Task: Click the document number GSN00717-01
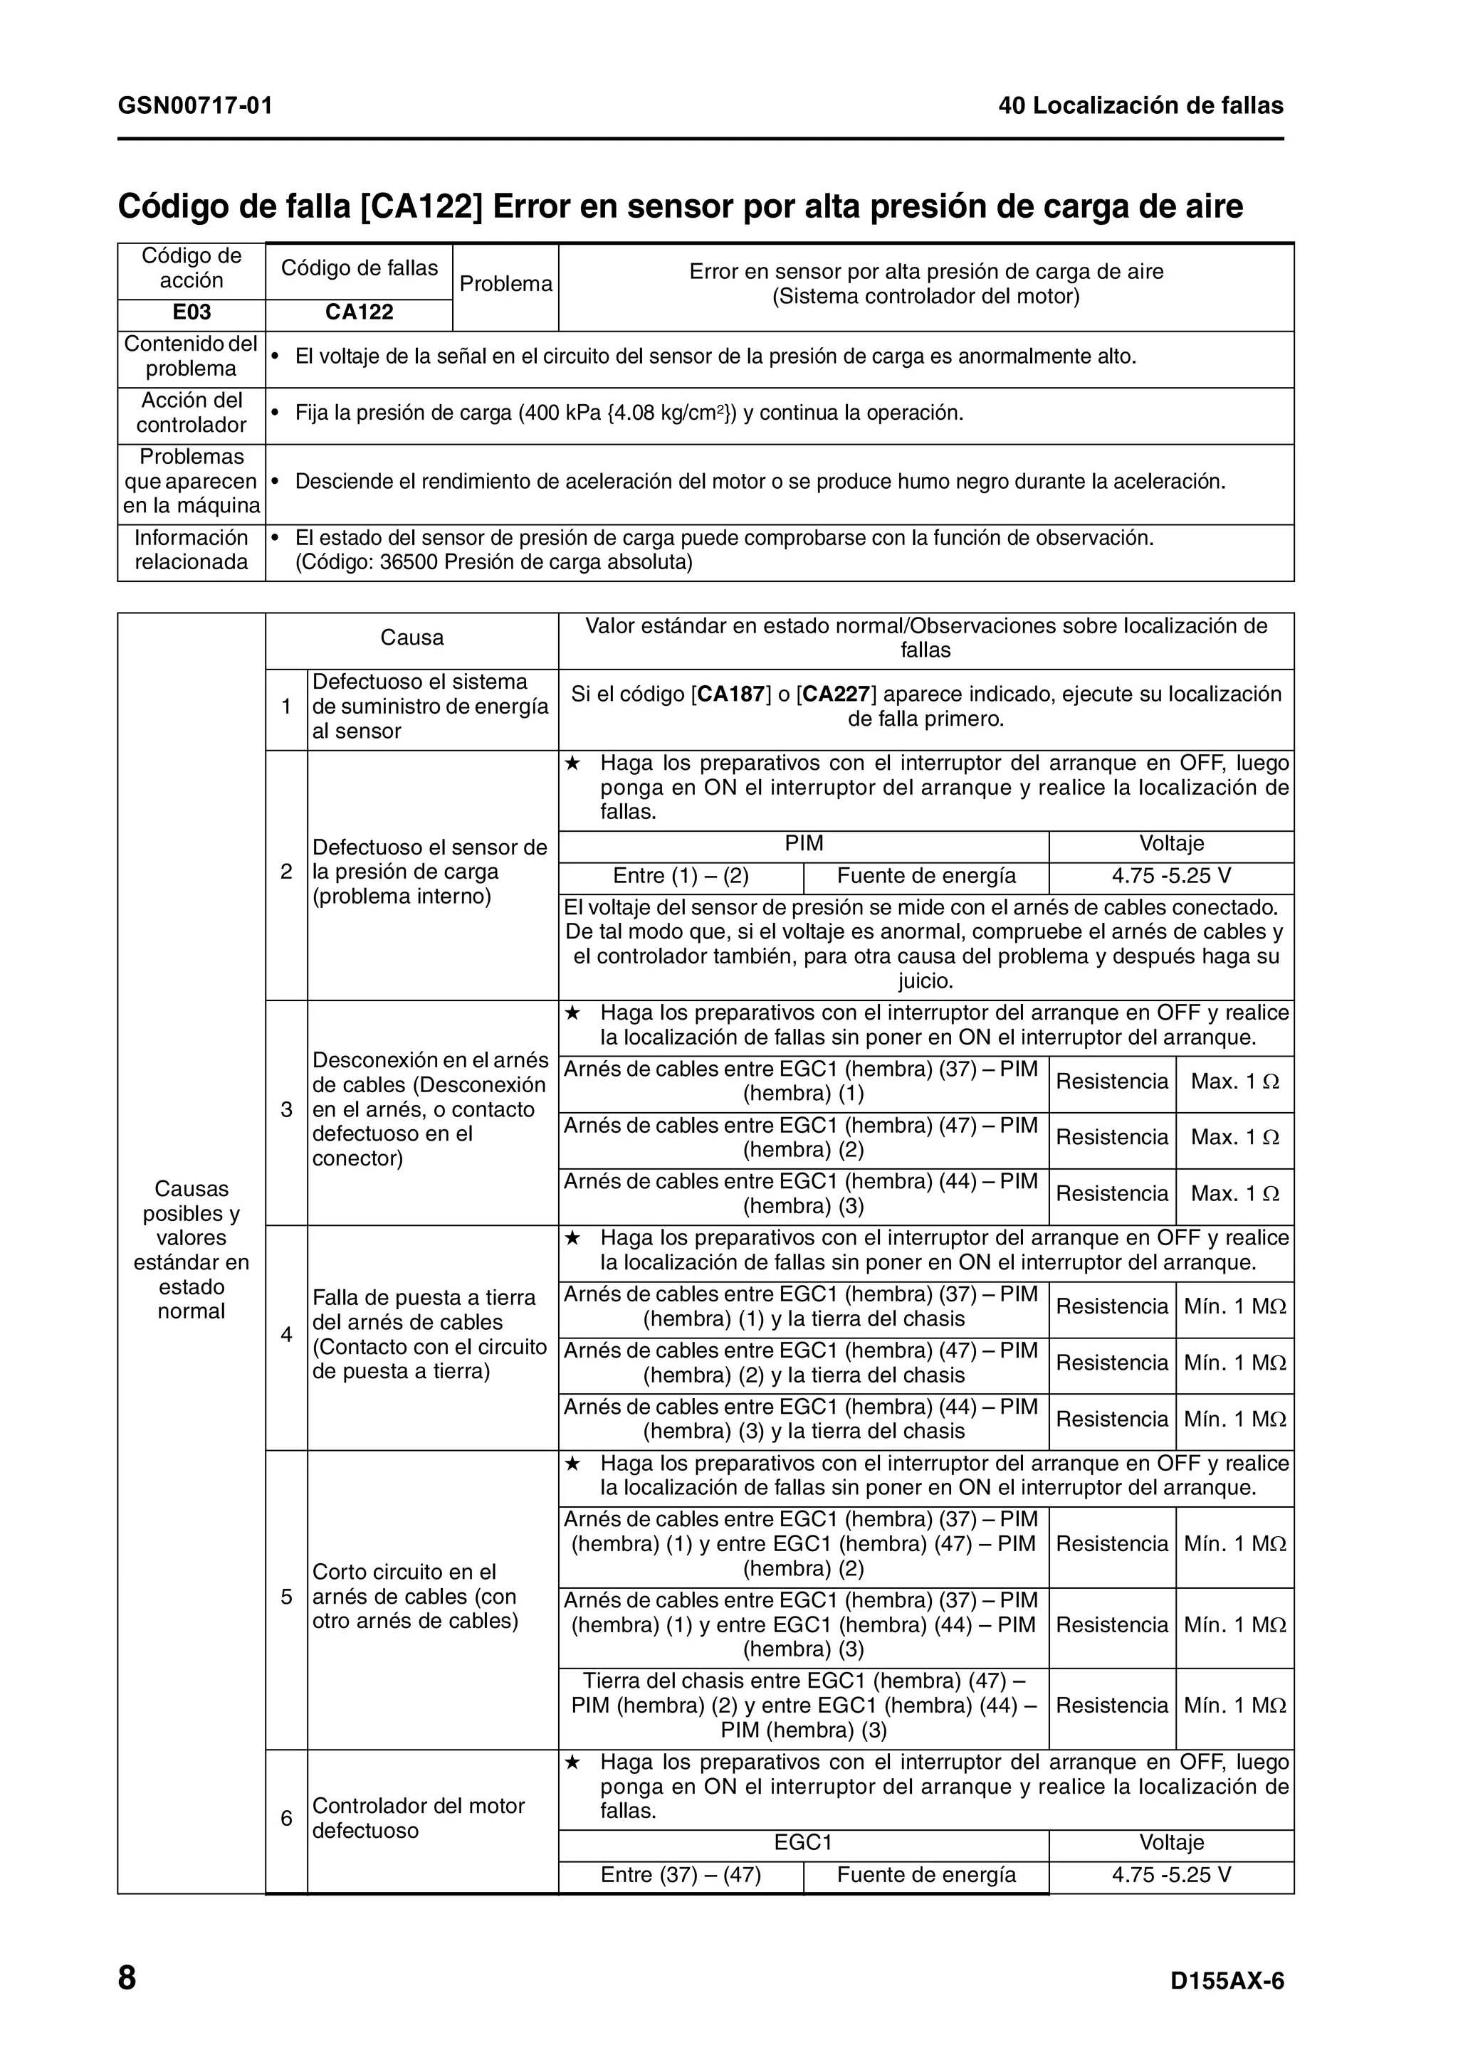pos(195,106)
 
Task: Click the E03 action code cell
pos(192,312)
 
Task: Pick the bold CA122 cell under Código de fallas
pos(360,312)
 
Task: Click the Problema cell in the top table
pos(505,284)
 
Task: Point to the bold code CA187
pos(731,694)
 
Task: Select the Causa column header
pos(411,638)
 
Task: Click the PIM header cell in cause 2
pos(803,843)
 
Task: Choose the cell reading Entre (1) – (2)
pos(681,876)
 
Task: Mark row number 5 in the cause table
pos(287,1597)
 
